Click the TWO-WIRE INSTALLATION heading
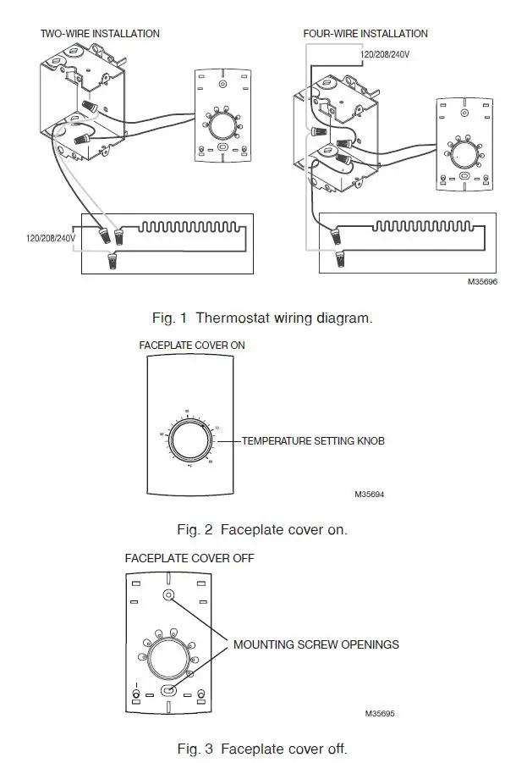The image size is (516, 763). pos(100,34)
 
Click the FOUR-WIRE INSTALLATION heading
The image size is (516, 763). pos(365,34)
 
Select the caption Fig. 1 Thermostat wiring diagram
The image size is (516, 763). pos(261,318)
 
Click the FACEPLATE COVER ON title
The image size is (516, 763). pos(192,346)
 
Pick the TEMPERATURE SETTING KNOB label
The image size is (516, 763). pos(314,440)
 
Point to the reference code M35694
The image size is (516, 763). pos(370,493)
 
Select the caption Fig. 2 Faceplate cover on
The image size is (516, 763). pos(261,530)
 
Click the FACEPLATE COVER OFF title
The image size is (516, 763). pos(189,559)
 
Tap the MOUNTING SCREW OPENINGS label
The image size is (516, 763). pos(316,644)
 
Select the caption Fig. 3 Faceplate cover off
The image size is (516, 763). pos(261,749)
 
